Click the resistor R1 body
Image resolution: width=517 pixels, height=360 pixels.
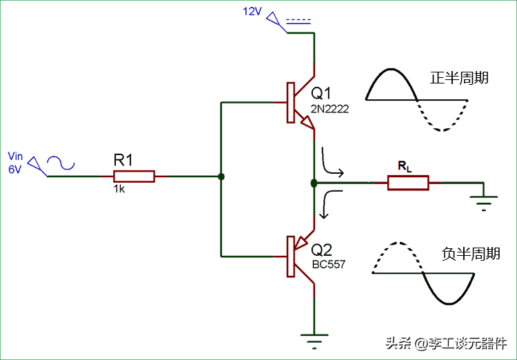tap(134, 177)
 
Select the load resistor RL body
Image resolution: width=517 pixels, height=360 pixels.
tap(408, 183)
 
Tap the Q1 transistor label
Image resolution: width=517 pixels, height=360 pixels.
tap(321, 93)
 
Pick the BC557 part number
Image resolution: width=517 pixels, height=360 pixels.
tap(329, 264)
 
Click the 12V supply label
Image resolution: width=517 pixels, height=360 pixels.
tap(252, 12)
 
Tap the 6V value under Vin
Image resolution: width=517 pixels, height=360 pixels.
tap(15, 169)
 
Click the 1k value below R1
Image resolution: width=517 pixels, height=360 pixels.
tap(119, 189)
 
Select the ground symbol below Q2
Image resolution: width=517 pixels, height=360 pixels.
tap(314, 339)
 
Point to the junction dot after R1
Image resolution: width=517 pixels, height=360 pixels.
tap(221, 177)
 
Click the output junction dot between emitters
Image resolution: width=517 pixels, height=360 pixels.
tap(314, 183)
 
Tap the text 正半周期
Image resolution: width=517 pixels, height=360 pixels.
tap(459, 78)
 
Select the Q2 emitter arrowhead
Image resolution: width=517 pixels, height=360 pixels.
tap(301, 242)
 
